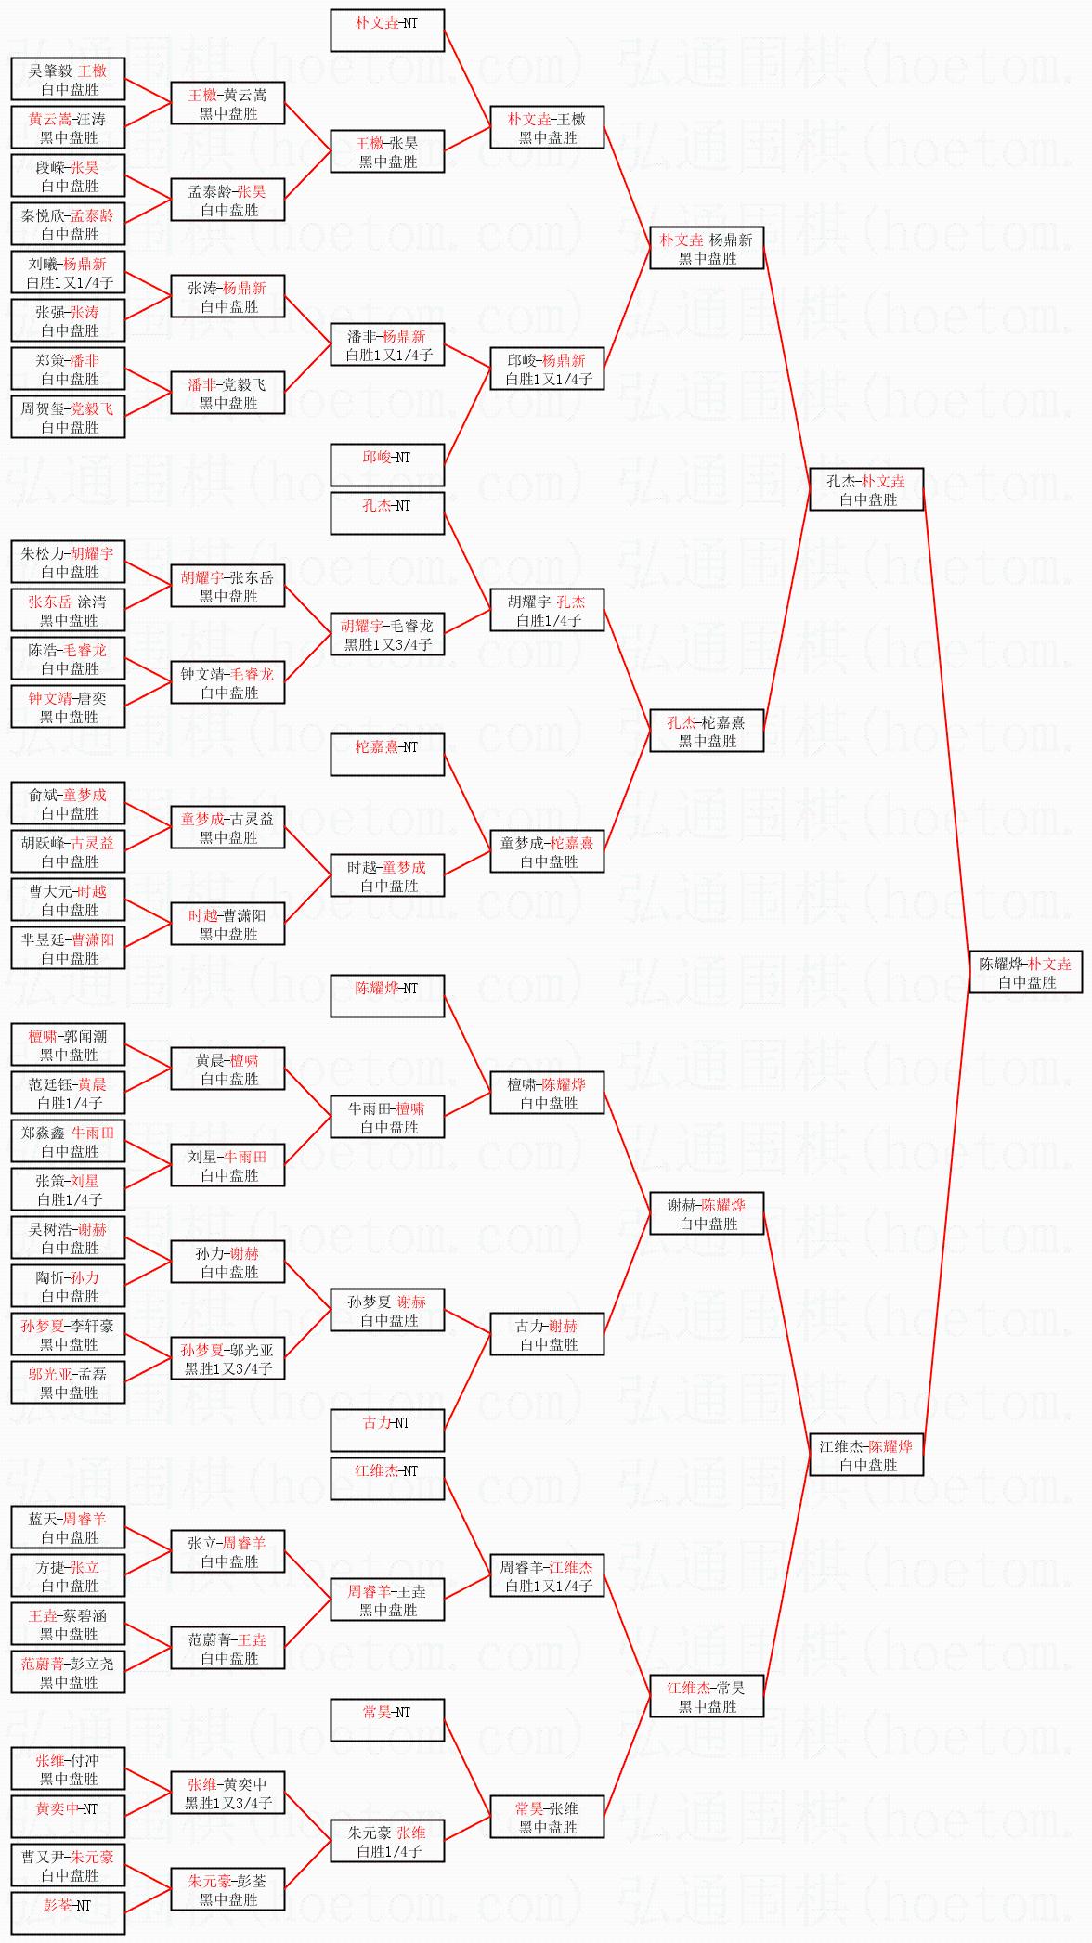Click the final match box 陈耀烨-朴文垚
click(1027, 972)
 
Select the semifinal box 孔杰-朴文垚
click(867, 489)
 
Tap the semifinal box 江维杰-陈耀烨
click(867, 1455)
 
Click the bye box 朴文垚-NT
click(388, 31)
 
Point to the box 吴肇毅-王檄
click(69, 79)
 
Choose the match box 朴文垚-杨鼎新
click(708, 248)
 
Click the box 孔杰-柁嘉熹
click(708, 731)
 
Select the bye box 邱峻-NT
click(388, 465)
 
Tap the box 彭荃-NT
click(69, 1913)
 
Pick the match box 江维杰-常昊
click(708, 1696)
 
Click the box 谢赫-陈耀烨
click(708, 1213)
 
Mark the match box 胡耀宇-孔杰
click(548, 610)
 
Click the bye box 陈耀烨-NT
click(388, 996)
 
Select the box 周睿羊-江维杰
click(548, 1575)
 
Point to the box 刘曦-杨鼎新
click(69, 272)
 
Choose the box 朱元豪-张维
click(388, 1841)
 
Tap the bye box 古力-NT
click(388, 1431)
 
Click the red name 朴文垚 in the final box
click(1049, 965)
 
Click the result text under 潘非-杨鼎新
click(389, 356)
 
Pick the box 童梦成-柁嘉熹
click(548, 851)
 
